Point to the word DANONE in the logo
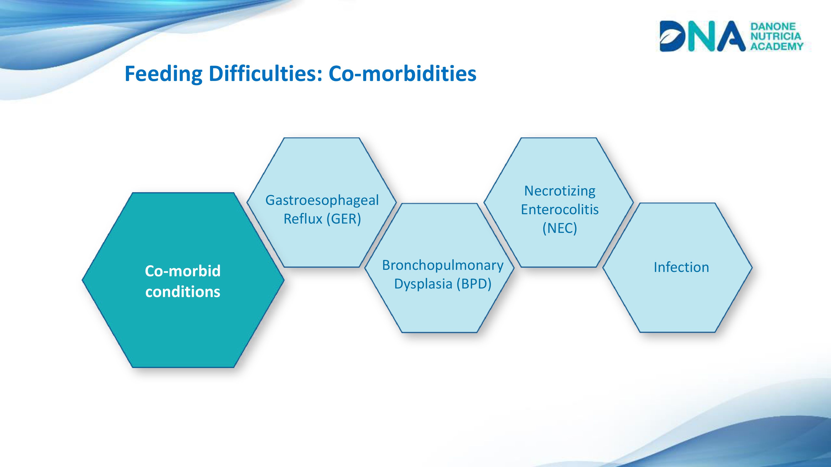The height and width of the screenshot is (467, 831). [773, 26]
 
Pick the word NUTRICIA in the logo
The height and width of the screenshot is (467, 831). [776, 36]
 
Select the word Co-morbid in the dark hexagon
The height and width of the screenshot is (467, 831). [183, 271]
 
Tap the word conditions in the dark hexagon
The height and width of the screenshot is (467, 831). [183, 292]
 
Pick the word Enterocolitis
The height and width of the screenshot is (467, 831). [560, 209]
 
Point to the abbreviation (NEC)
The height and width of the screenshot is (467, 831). [560, 228]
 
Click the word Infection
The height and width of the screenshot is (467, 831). [681, 267]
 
